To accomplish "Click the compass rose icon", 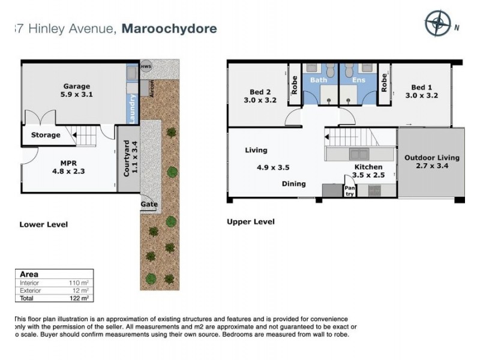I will point(437,24).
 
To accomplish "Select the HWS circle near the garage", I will point(146,65).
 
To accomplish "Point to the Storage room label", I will point(46,135).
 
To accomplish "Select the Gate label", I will point(149,205).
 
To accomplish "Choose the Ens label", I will point(358,79).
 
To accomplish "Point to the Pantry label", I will point(349,190).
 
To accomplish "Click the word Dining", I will point(293,184).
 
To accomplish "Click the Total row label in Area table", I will point(27,297).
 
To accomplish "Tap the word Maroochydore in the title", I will point(169,28).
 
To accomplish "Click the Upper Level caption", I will point(250,222).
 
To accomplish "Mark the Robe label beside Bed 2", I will point(295,85).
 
